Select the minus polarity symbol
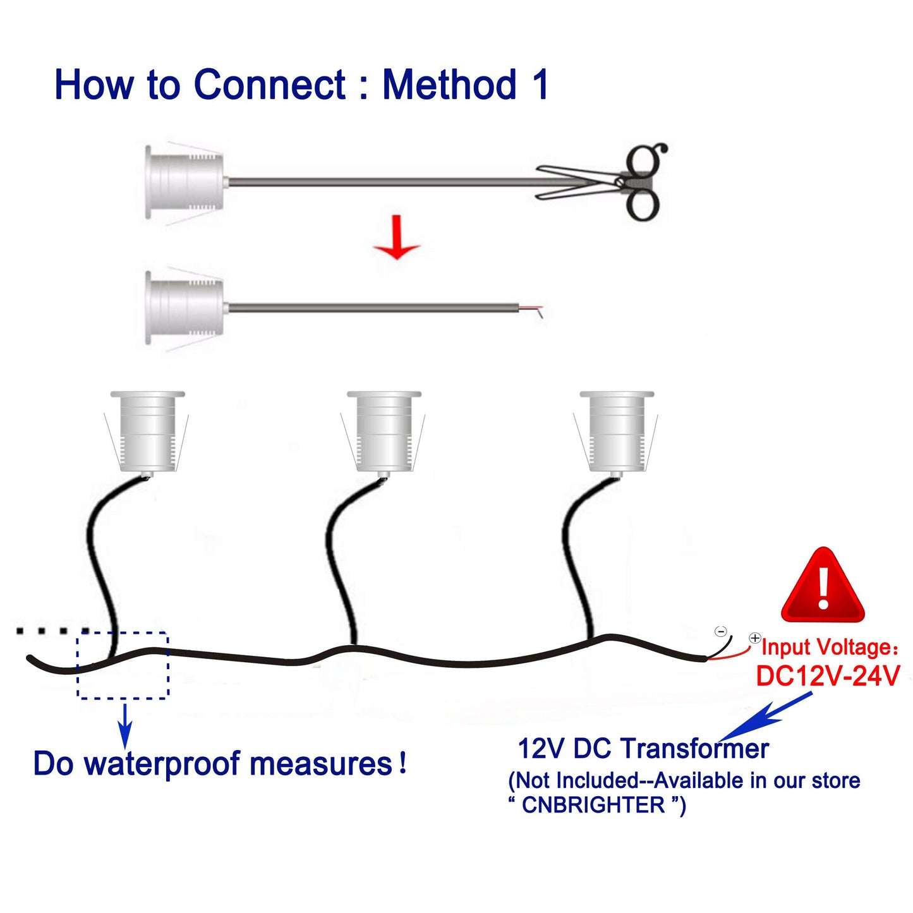click(721, 632)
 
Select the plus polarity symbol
click(755, 638)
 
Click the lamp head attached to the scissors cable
click(184, 181)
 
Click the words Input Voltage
click(828, 647)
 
